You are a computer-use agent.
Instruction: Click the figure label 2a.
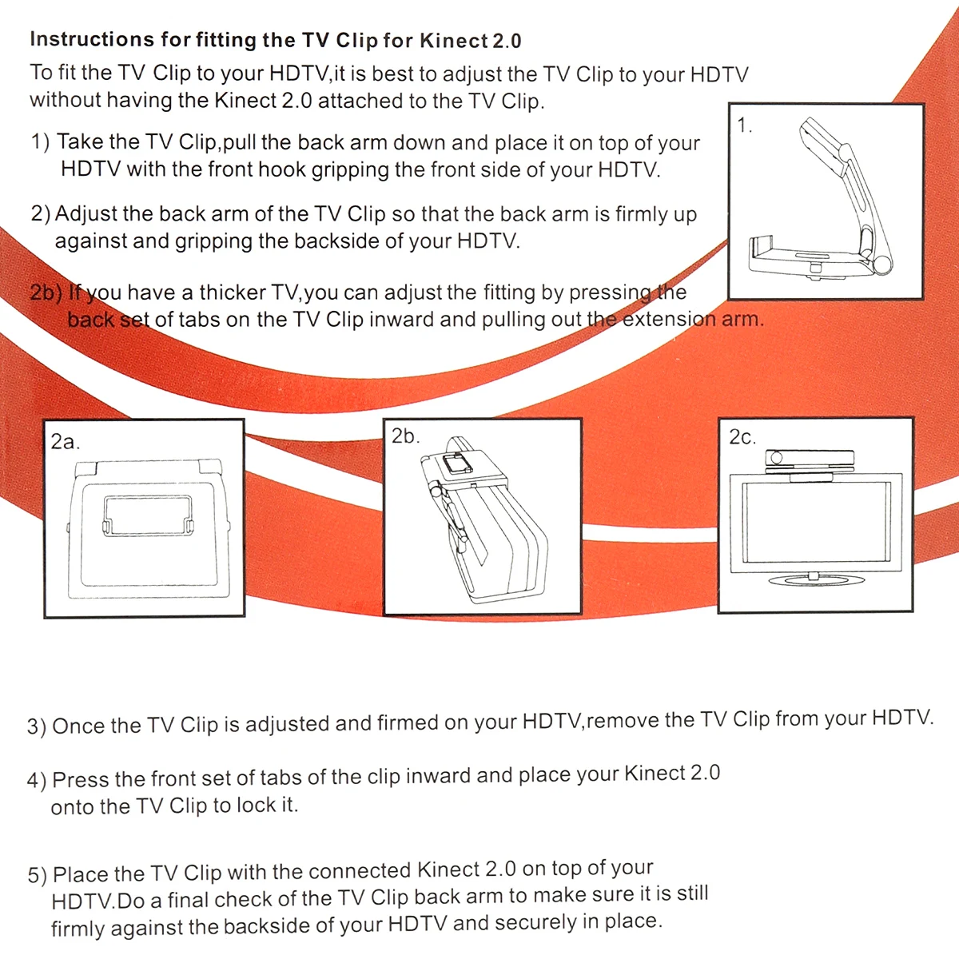tap(65, 442)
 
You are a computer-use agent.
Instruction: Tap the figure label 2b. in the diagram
tap(405, 436)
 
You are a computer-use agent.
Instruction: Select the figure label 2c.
tap(742, 437)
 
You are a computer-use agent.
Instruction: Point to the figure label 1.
tap(745, 125)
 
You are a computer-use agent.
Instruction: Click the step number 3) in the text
tap(37, 727)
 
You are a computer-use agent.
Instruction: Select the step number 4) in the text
tap(37, 781)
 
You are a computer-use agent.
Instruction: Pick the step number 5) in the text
tap(38, 875)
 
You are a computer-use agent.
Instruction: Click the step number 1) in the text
tap(40, 142)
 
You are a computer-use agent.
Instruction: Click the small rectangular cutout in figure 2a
tap(148, 515)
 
